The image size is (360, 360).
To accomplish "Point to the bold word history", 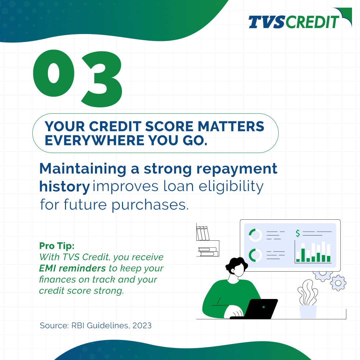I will pyautogui.click(x=64, y=187).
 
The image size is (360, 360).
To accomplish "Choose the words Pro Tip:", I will pyautogui.click(x=57, y=246).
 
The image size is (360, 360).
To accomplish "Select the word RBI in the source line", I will pyautogui.click(x=78, y=325).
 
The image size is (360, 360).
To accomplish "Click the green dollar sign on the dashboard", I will pyautogui.click(x=298, y=234).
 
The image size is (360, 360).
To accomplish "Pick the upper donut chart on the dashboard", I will pyautogui.click(x=256, y=235).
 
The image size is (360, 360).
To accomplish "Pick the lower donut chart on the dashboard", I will pyautogui.click(x=256, y=255).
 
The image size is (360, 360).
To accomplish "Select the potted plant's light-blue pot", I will pyautogui.click(x=308, y=311).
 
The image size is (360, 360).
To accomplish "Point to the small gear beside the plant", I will pyautogui.click(x=338, y=283).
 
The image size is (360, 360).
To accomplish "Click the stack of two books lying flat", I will pyautogui.click(x=208, y=251).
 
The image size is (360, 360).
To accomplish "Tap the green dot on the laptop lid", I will pyautogui.click(x=263, y=307).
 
